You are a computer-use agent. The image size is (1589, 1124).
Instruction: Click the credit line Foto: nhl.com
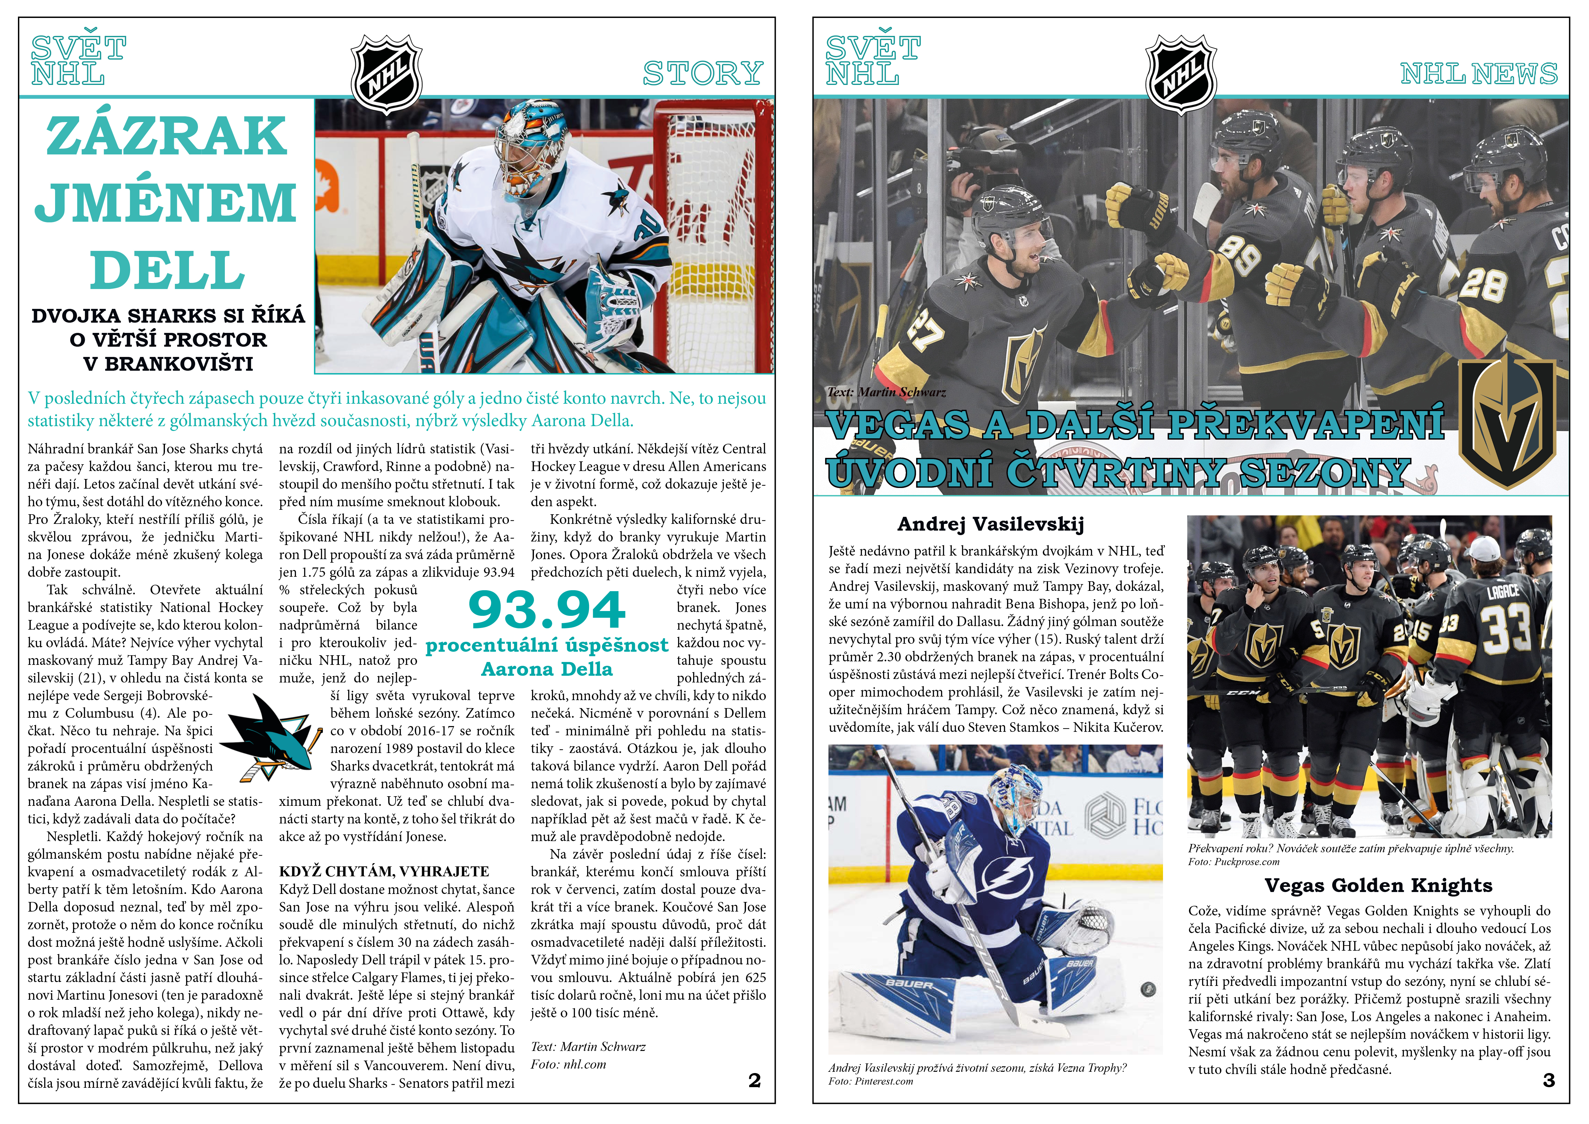click(568, 1064)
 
